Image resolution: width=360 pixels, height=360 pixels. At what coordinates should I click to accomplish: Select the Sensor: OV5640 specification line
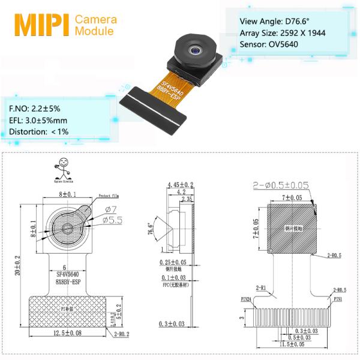pyautogui.click(x=268, y=44)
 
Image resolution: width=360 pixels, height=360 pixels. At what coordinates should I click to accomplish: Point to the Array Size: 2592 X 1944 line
pyautogui.click(x=282, y=32)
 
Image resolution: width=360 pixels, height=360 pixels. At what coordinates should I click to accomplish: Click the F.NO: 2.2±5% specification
pyautogui.click(x=35, y=109)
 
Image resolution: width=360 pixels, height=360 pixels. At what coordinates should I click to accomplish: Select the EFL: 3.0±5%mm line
pyautogui.click(x=39, y=120)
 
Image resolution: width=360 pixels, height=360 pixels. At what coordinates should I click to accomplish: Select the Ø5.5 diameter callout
pyautogui.click(x=112, y=220)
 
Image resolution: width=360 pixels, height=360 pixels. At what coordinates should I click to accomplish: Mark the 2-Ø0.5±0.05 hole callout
pyautogui.click(x=283, y=187)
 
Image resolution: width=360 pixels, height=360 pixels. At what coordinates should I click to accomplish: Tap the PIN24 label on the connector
pyautogui.click(x=246, y=298)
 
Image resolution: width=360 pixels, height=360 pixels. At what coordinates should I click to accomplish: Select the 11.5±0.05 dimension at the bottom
pyautogui.click(x=293, y=345)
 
